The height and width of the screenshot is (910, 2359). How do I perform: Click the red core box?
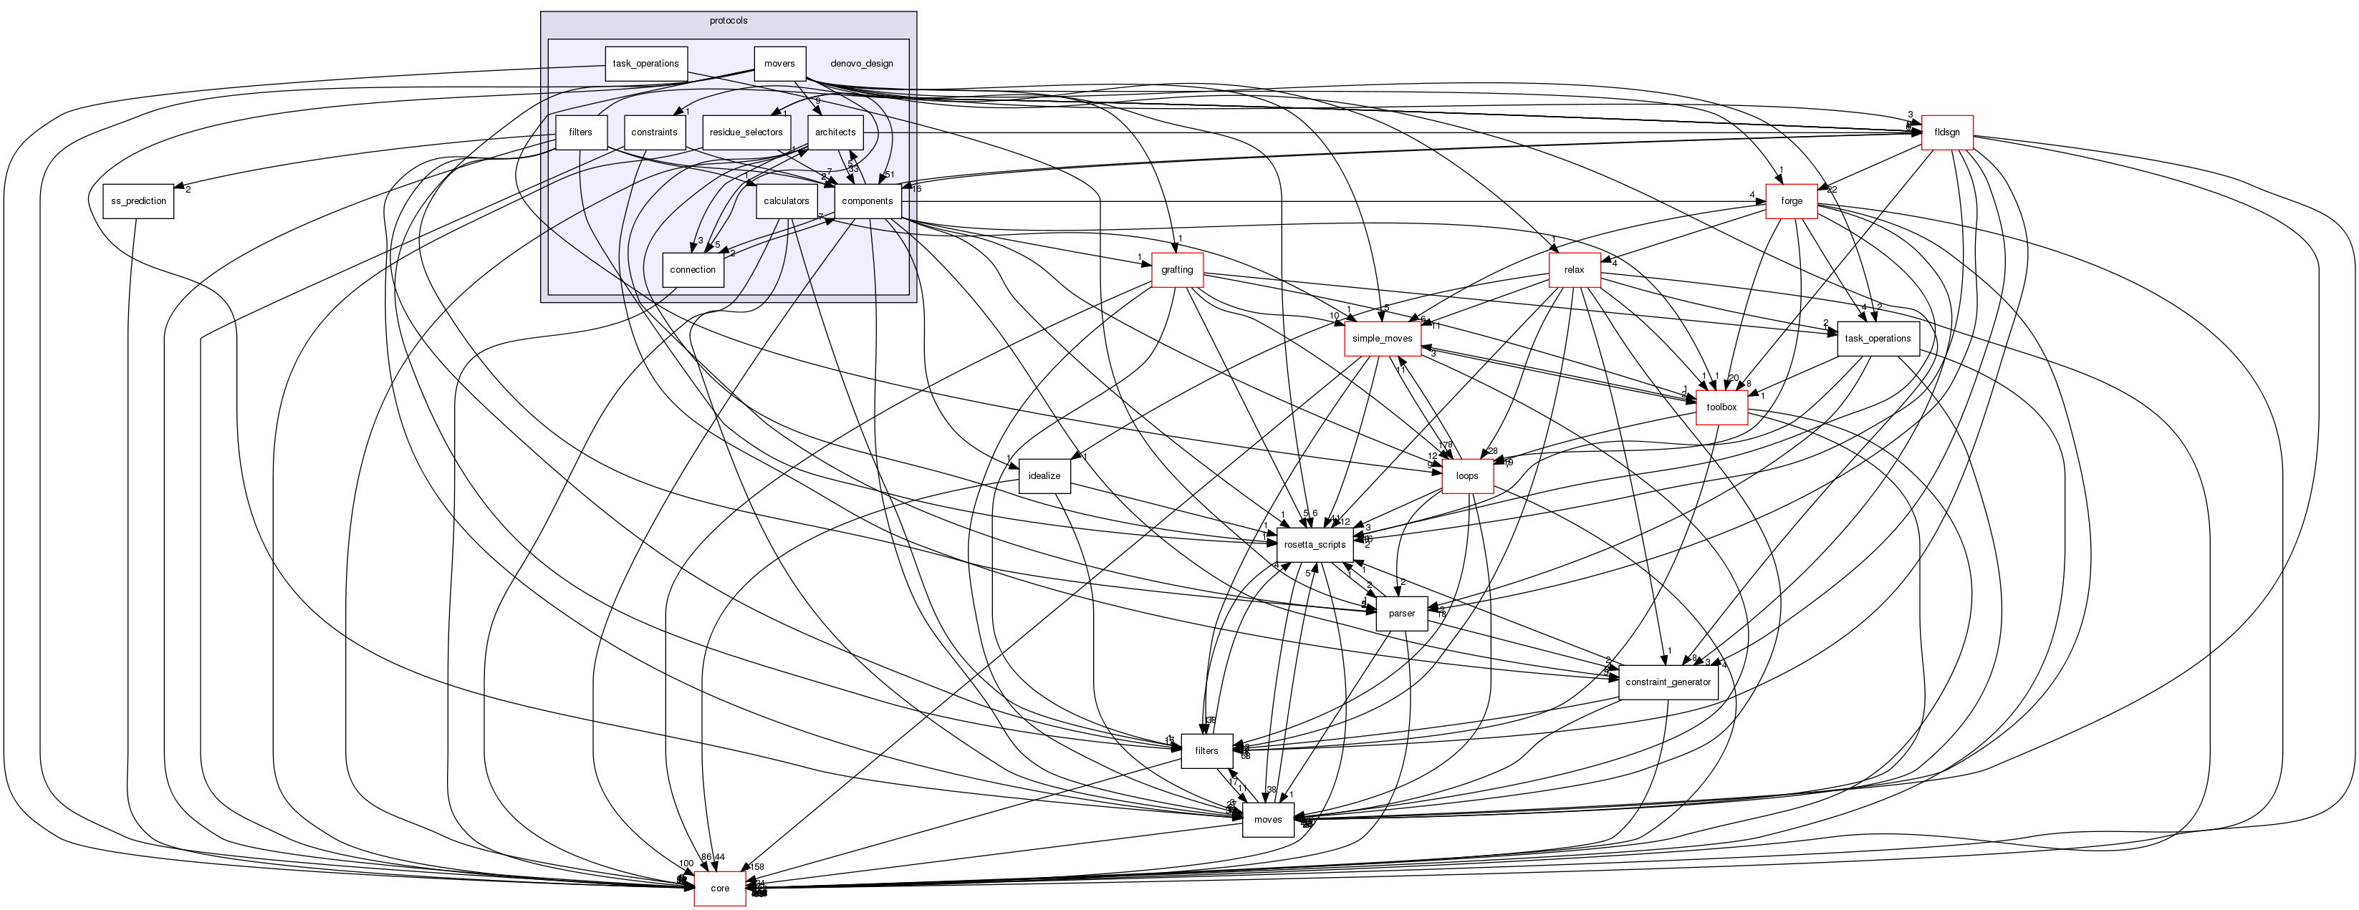pyautogui.click(x=720, y=888)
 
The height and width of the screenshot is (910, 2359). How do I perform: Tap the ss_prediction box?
pyautogui.click(x=138, y=201)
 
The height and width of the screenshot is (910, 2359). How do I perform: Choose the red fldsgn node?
pyautogui.click(x=1946, y=132)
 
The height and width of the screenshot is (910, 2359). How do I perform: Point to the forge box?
pyautogui.click(x=1791, y=201)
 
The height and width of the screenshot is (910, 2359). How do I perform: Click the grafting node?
pyautogui.click(x=1177, y=270)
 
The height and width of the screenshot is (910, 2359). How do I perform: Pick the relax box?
pyautogui.click(x=1574, y=270)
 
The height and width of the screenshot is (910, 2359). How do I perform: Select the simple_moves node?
pyautogui.click(x=1382, y=339)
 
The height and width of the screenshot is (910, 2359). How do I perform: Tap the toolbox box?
pyautogui.click(x=1721, y=407)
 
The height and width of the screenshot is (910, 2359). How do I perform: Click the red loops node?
pyautogui.click(x=1467, y=476)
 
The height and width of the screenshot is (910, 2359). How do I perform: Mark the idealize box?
pyautogui.click(x=1044, y=476)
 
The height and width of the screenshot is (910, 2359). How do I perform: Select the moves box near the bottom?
pyautogui.click(x=1267, y=819)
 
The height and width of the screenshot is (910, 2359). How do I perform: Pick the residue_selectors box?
pyautogui.click(x=746, y=132)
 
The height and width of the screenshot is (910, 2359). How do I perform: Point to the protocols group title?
pyautogui.click(x=728, y=21)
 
